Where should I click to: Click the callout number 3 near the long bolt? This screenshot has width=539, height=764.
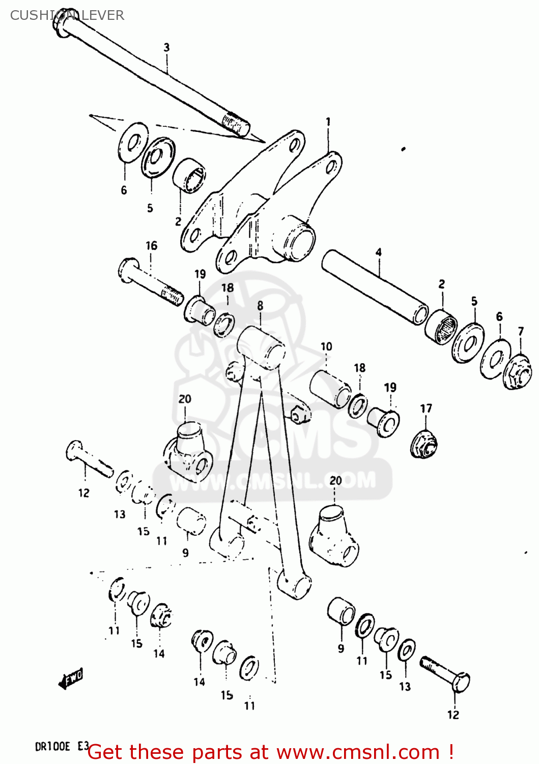166,47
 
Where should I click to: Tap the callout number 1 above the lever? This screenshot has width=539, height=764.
328,122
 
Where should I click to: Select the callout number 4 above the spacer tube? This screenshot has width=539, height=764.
379,252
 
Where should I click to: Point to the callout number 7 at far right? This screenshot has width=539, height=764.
521,332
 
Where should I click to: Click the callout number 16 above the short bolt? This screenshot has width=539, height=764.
152,245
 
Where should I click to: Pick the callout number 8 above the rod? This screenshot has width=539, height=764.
260,306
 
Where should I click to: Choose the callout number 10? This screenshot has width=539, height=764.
326,346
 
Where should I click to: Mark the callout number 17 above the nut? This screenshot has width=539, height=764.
426,408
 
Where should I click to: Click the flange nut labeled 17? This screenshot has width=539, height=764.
424,444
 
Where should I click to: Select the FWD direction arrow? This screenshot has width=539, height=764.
71,678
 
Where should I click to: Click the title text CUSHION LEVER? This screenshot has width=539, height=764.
67,15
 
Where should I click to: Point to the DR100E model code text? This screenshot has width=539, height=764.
52,747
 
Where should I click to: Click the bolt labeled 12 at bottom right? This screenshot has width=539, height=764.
446,673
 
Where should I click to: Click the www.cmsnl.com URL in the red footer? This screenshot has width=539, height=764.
358,752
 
